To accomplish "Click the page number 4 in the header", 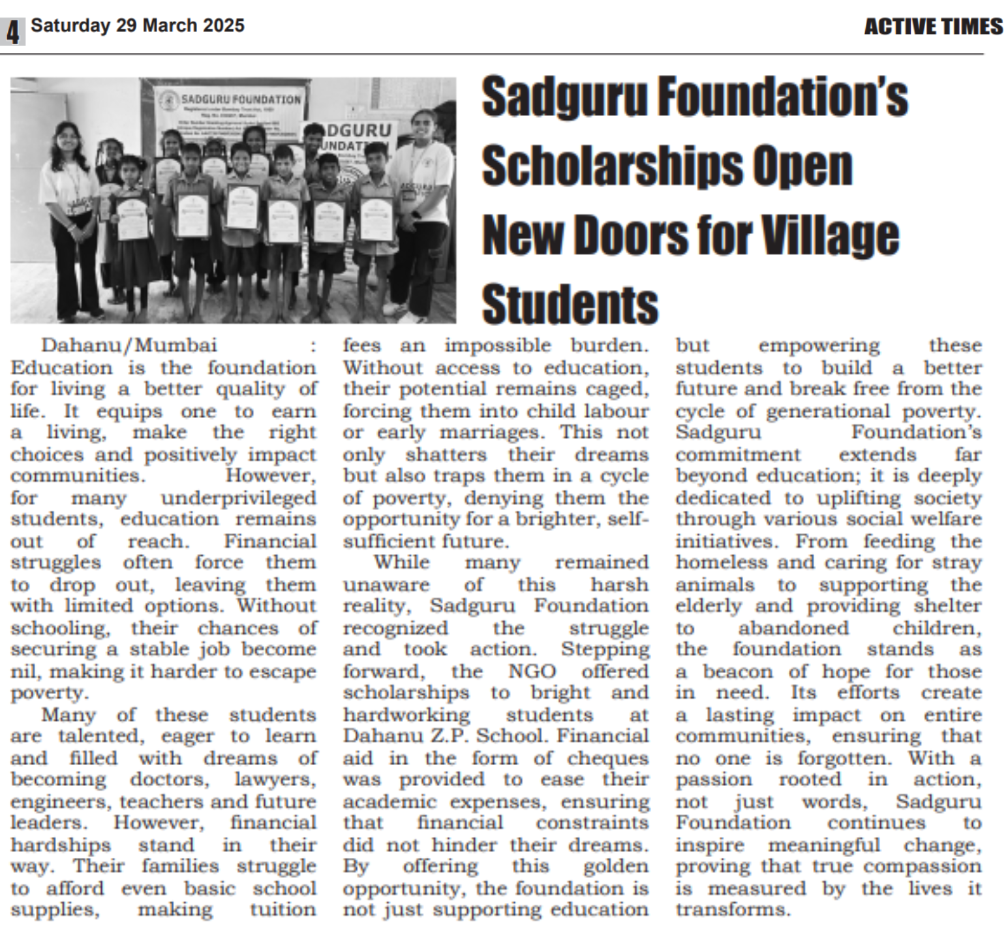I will coord(13,31).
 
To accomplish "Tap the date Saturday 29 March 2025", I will coord(138,25).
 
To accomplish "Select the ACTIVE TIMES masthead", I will coord(933,27).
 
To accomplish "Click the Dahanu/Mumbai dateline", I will coord(129,345).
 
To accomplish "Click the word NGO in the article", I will coord(532,671).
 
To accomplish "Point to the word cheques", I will coord(607,758).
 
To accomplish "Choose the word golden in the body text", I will coord(615,866).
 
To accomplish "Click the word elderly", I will coord(708,606).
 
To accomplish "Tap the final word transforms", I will coord(732,910).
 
